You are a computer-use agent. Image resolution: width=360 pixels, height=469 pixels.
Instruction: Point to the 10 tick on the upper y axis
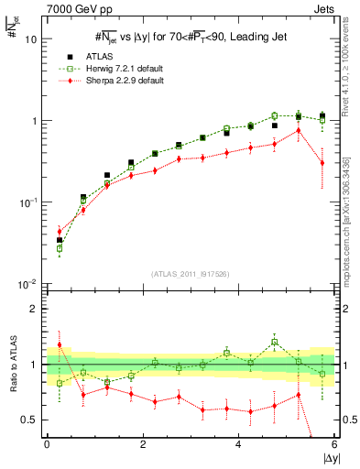pos(30,40)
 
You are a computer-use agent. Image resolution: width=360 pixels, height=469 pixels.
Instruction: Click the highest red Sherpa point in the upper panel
pos(299,130)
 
